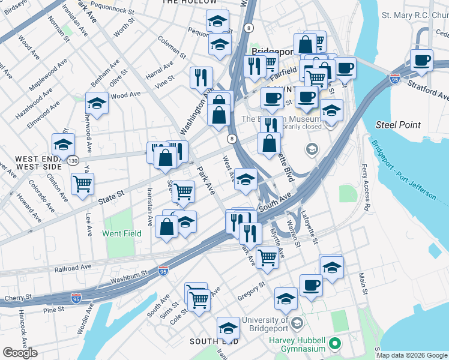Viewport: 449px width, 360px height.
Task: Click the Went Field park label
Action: click(x=122, y=233)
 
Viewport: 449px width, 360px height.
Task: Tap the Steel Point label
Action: click(x=393, y=124)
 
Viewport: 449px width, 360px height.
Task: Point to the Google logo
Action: click(x=20, y=353)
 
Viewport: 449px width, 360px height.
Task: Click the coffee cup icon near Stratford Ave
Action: click(x=422, y=61)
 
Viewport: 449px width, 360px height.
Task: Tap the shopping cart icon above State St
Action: click(x=82, y=183)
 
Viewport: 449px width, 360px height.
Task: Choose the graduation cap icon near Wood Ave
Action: click(x=97, y=103)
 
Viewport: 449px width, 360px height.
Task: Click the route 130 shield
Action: click(x=73, y=161)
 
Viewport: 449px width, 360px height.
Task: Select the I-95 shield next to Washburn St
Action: click(x=163, y=271)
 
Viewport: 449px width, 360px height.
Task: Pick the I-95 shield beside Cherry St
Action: click(x=76, y=298)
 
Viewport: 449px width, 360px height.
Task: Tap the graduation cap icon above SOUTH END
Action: click(x=228, y=328)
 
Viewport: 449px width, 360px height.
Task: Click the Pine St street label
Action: click(x=53, y=310)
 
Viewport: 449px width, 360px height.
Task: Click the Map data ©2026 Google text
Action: click(x=412, y=355)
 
